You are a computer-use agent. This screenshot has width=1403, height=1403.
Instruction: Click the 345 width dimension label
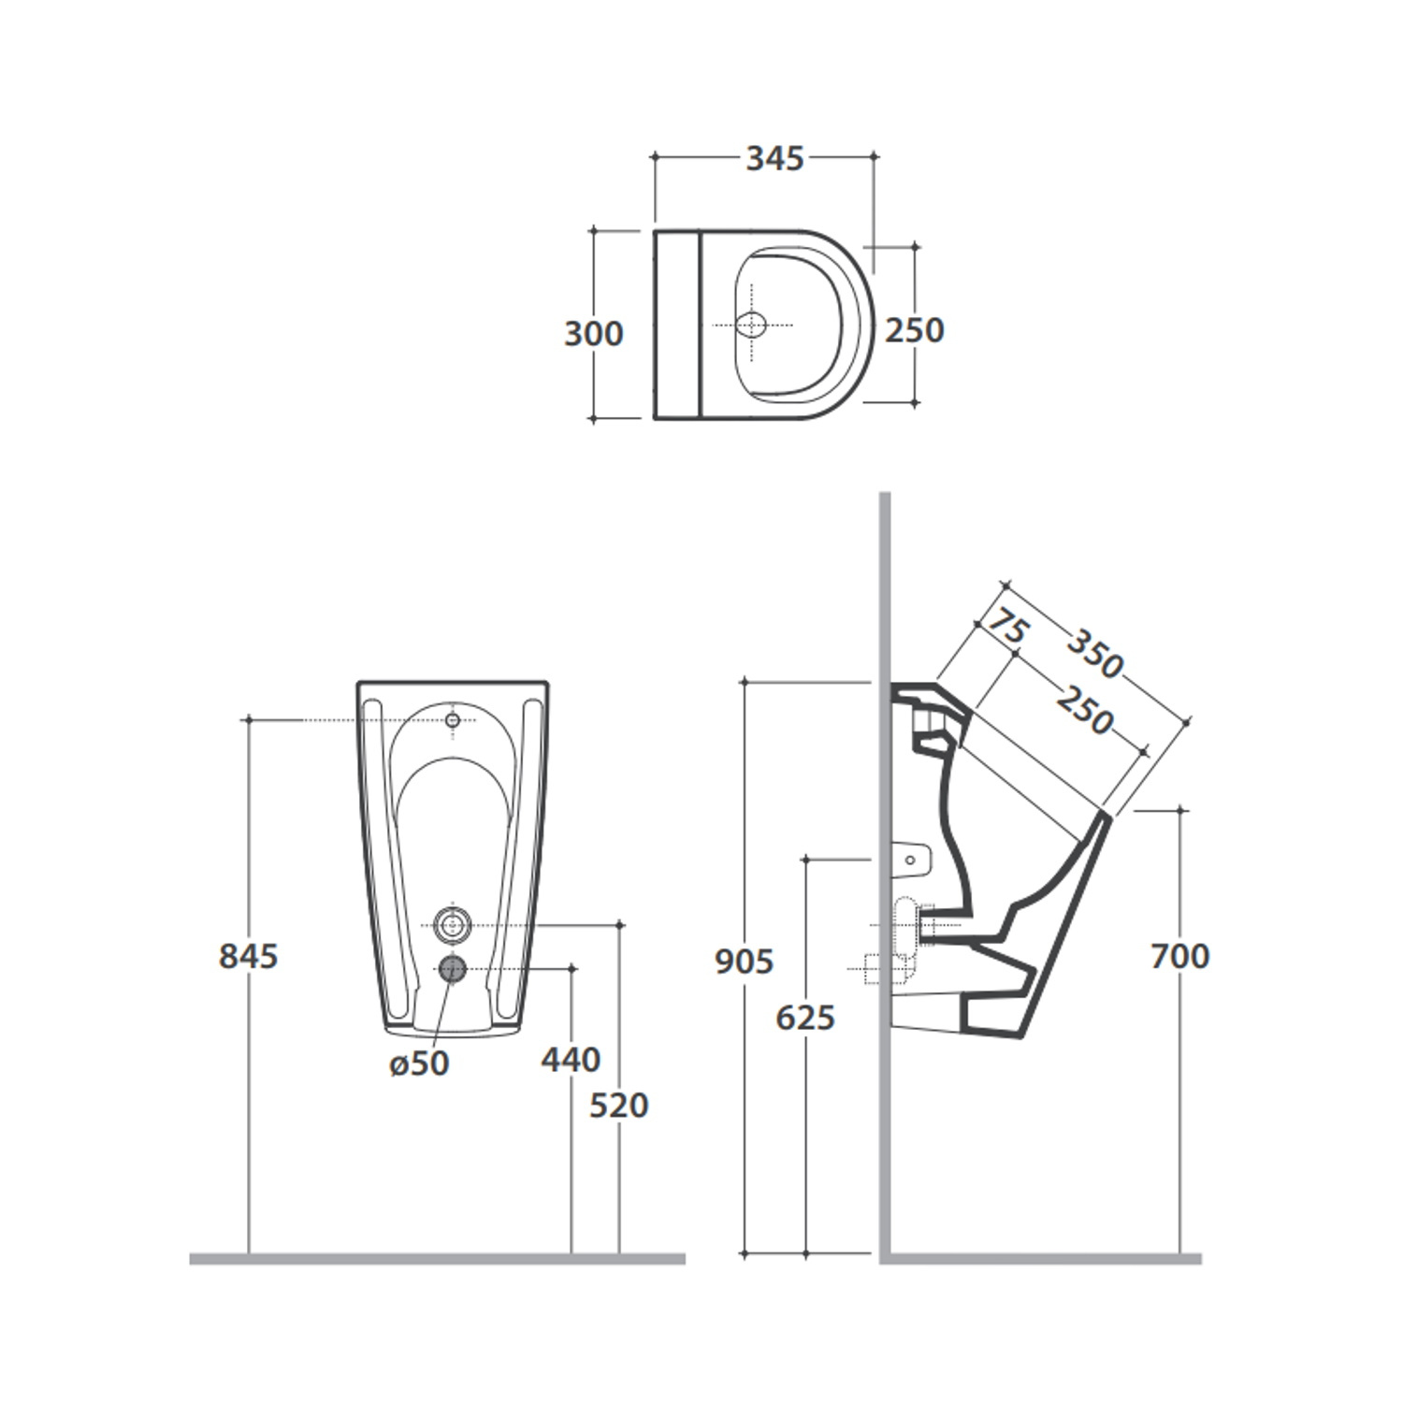[774, 159]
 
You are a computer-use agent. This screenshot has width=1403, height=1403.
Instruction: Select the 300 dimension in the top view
[593, 334]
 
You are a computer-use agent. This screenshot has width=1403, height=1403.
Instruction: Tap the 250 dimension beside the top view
[915, 330]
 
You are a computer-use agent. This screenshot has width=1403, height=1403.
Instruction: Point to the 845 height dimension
[249, 956]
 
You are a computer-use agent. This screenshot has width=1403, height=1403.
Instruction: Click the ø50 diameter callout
[420, 1063]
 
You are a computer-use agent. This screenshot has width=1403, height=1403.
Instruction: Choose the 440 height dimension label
[571, 1060]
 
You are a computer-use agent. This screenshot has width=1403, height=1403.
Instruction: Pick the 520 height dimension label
[619, 1106]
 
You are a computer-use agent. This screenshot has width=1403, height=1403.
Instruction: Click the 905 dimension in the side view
[745, 962]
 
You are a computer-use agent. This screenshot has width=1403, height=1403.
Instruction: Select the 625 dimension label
[805, 1018]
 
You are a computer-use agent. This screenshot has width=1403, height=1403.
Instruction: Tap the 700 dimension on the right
[1180, 956]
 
